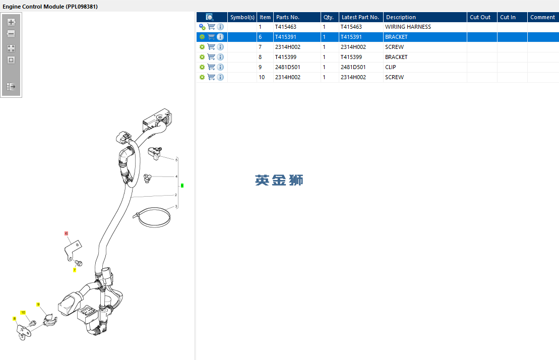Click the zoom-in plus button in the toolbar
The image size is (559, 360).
click(11, 22)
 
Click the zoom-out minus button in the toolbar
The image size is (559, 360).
click(11, 34)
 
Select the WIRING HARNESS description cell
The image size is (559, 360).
click(408, 27)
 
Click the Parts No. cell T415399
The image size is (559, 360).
click(286, 57)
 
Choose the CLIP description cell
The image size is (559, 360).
click(390, 67)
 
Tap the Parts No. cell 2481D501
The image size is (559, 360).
click(287, 67)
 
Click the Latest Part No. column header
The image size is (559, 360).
click(360, 17)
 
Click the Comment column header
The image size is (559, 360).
click(542, 17)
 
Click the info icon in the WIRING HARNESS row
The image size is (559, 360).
click(220, 27)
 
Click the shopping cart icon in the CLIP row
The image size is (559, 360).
click(211, 67)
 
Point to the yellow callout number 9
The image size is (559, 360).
click(38, 305)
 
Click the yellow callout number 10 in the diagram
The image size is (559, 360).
click(23, 313)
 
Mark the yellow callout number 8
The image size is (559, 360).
click(15, 319)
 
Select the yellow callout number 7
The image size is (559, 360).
click(75, 270)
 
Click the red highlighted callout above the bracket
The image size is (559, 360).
click(66, 233)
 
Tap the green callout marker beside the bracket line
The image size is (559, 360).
click(182, 186)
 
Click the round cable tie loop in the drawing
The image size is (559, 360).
click(154, 224)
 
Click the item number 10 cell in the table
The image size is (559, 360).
click(262, 77)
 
